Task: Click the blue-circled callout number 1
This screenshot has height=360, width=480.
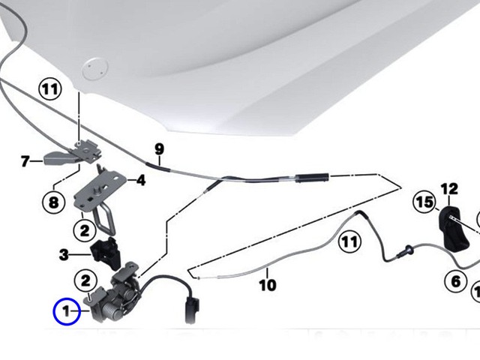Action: coord(66,310)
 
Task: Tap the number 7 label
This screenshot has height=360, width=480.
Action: coord(25,160)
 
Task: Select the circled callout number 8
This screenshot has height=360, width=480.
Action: coord(53,201)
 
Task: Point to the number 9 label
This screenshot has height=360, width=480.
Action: coord(159,148)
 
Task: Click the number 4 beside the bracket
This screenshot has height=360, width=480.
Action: coord(139,180)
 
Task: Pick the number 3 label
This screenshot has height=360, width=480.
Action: coord(64,255)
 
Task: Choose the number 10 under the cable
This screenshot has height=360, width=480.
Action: coord(267,285)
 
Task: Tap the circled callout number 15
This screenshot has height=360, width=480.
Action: coord(424,202)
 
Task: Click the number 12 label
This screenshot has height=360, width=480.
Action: coord(448,188)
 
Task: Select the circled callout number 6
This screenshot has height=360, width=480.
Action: coord(456,281)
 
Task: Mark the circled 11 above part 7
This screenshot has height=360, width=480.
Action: coord(49,90)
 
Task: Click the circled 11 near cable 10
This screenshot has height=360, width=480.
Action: coord(348,241)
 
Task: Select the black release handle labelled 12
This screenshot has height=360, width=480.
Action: coord(452,229)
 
